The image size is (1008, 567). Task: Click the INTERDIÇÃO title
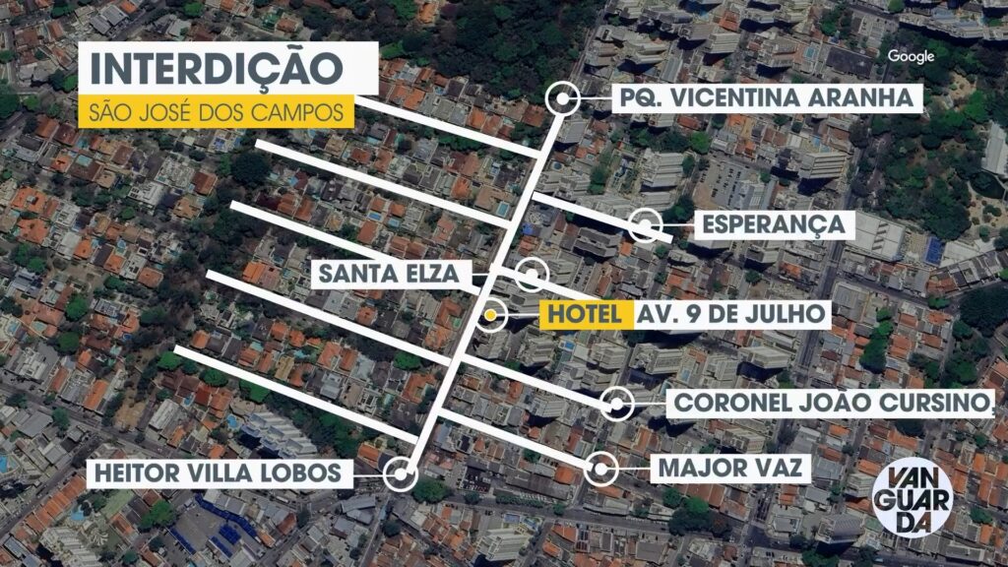tap(216, 69)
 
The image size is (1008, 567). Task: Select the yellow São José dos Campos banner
tap(216, 111)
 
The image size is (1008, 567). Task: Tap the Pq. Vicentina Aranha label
tap(767, 97)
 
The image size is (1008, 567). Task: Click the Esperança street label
tap(773, 224)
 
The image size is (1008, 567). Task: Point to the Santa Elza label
tap(388, 275)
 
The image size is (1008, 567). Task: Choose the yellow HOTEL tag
tap(583, 315)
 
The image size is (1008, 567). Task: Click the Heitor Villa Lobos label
tap(219, 473)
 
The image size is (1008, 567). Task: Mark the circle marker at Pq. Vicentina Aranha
tap(564, 97)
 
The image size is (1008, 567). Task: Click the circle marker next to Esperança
tap(646, 225)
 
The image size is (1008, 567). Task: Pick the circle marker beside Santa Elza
tap(531, 275)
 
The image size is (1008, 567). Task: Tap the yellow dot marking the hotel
tap(490, 316)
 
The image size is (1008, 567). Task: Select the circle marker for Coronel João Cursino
tap(617, 404)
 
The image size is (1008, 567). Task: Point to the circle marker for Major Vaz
tap(601, 469)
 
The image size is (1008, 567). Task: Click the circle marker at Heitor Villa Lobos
tap(399, 473)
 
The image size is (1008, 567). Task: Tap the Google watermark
tap(910, 56)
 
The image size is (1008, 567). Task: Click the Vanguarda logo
tap(912, 498)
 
